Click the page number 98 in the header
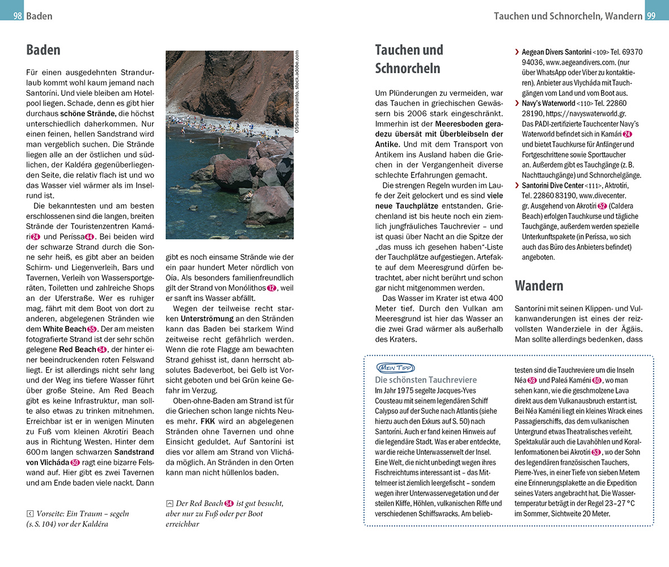tap(18, 16)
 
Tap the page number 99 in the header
tap(651, 16)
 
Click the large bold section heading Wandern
tap(539, 285)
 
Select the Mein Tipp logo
tap(395, 368)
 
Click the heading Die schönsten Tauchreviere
tap(426, 380)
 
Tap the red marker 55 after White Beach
tap(92, 329)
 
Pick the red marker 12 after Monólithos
tap(272, 288)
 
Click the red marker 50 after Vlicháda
tap(75, 462)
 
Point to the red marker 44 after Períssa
tap(89, 237)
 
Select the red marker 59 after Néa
tap(532, 380)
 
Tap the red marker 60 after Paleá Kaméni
tap(597, 380)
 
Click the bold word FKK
tap(208, 421)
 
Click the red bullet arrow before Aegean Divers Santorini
tap(517, 52)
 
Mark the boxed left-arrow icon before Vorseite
tap(30, 514)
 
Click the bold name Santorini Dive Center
tap(552, 185)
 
